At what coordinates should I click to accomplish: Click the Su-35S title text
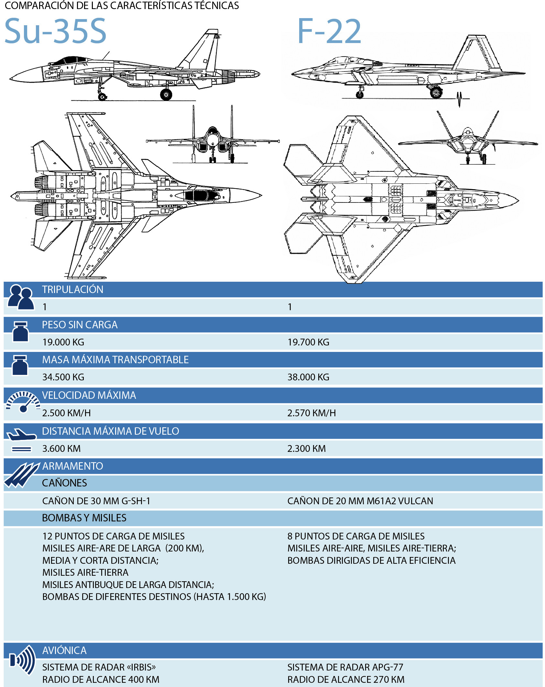click(x=55, y=31)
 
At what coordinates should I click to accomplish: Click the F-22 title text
click(x=329, y=31)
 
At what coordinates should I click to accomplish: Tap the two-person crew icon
click(x=21, y=298)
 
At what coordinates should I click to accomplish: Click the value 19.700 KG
click(x=308, y=342)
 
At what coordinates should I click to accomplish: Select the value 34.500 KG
click(x=63, y=377)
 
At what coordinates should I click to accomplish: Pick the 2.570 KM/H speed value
click(x=311, y=413)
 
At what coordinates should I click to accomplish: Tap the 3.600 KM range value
click(x=61, y=449)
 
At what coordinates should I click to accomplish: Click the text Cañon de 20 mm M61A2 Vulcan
click(x=360, y=501)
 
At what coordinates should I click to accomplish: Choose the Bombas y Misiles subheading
click(x=84, y=518)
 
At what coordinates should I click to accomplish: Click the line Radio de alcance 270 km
click(x=346, y=680)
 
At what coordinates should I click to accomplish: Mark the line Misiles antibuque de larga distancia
click(x=128, y=585)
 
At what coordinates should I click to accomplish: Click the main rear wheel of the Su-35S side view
click(x=166, y=94)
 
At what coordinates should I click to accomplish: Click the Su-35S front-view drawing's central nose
click(x=213, y=140)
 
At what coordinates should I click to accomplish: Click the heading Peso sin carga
click(x=80, y=325)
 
